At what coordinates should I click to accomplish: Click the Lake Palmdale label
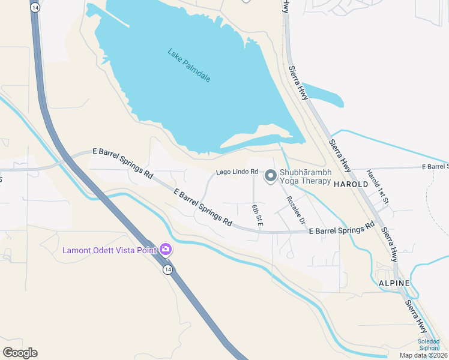[189, 65]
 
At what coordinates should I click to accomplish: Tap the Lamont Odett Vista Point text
[109, 250]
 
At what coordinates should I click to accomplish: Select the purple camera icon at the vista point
[165, 249]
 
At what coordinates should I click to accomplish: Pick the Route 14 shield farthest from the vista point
[36, 7]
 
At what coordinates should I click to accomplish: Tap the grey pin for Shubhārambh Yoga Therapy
[270, 176]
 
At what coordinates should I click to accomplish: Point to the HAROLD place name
[350, 184]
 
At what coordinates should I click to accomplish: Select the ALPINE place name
[394, 283]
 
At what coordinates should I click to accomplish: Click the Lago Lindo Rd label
[237, 172]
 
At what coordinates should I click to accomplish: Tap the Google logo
[20, 353]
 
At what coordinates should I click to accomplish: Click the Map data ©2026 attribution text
[424, 355]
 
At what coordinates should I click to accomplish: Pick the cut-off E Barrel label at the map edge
[435, 166]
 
